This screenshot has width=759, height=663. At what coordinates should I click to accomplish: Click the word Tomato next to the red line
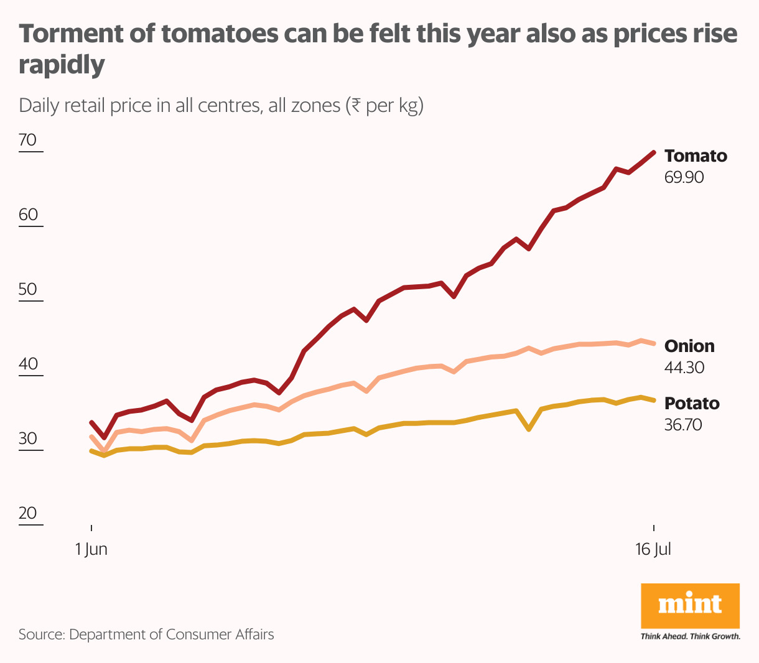point(695,155)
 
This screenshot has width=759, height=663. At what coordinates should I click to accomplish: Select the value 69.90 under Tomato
point(684,177)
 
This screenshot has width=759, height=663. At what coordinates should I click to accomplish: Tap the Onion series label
point(689,346)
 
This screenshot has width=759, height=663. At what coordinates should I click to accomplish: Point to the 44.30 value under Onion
point(684,368)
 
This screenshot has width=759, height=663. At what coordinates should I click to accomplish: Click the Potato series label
point(691,403)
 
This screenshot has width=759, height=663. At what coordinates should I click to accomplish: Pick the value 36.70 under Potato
point(683,425)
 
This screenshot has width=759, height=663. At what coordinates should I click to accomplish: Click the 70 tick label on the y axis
point(29,140)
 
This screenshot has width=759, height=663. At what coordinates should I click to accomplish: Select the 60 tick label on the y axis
point(29,215)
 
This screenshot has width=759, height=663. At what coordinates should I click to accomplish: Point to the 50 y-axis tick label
point(29,289)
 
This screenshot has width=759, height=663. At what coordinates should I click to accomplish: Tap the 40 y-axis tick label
point(29,364)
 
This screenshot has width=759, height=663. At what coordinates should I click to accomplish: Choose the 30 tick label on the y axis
point(29,438)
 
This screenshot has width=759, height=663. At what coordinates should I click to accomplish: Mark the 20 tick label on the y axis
point(29,513)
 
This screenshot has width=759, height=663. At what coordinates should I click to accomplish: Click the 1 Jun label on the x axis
point(91,550)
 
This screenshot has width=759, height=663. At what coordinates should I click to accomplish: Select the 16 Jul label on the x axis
point(653,550)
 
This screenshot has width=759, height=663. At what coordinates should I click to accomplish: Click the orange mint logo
point(690,605)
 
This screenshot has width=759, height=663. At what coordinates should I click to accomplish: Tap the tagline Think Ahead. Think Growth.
point(690,636)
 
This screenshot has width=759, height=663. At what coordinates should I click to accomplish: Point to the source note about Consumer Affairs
point(146,634)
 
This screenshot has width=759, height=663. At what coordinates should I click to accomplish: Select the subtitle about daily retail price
point(221,105)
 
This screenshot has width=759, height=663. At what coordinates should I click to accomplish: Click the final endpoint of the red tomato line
point(653,152)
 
